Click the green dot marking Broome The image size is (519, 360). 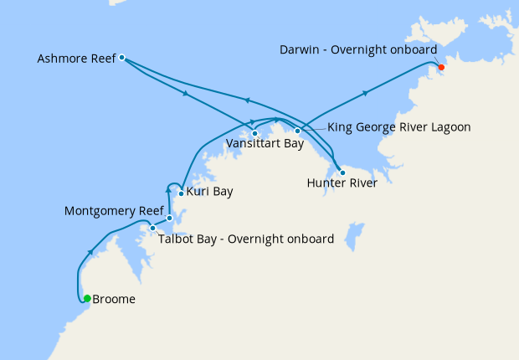[87, 298]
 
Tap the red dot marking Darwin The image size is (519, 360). [441, 68]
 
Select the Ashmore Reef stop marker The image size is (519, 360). [122, 58]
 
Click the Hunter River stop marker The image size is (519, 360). [342, 172]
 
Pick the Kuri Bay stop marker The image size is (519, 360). [181, 193]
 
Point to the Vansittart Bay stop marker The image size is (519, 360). [254, 133]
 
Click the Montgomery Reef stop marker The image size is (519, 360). [169, 219]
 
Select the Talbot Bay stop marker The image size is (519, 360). [152, 228]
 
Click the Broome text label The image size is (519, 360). [114, 299]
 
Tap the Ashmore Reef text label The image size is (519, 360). [76, 59]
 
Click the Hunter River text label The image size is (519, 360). [342, 183]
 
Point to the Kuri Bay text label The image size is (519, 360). [210, 192]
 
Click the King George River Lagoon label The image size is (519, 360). [398, 127]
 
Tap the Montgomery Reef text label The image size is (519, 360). [113, 212]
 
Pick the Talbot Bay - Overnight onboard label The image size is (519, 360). [246, 239]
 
